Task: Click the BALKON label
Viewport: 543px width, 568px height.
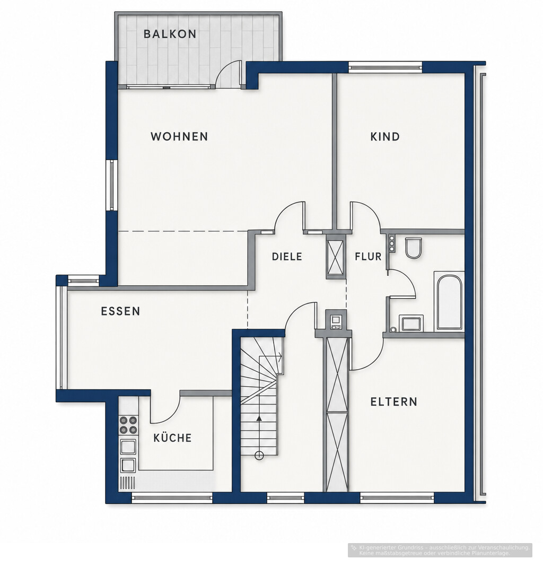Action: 170,34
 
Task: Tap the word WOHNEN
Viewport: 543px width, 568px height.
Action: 179,137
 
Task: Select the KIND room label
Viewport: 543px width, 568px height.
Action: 385,137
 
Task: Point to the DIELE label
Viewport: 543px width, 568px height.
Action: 287,257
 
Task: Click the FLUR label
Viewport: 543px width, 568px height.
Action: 368,257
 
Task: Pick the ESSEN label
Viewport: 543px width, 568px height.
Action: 120,311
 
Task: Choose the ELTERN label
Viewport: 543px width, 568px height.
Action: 394,401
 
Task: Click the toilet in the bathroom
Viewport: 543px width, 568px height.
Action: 414,248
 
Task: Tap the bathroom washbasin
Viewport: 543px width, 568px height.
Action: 411,323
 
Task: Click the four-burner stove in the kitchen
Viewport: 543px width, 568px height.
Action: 128,425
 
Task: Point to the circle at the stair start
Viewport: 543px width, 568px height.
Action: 259,456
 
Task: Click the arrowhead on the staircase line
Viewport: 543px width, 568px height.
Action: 259,418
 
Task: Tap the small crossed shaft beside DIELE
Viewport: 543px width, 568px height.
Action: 336,257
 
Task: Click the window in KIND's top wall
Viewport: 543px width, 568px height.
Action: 385,67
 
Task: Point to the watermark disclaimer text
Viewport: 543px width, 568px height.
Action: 440,550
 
